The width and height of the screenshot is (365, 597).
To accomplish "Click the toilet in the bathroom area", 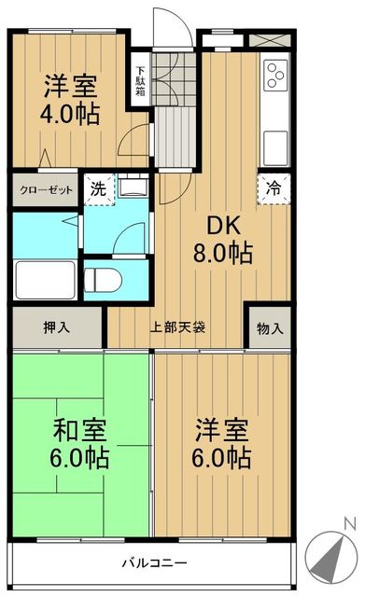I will pyautogui.click(x=104, y=278).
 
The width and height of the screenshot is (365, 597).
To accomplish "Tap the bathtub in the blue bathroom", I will pyautogui.click(x=44, y=277).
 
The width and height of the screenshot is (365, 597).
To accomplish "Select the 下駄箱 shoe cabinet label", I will pyautogui.click(x=140, y=76).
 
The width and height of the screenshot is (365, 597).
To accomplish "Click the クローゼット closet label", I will pyautogui.click(x=44, y=187).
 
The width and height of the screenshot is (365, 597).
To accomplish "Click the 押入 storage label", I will pyautogui.click(x=56, y=328).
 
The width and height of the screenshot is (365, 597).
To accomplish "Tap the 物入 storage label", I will pyautogui.click(x=270, y=328).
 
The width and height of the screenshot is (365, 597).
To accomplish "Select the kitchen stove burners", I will pyautogui.click(x=276, y=75).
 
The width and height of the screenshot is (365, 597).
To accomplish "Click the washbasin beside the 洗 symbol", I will pyautogui.click(x=132, y=187).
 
